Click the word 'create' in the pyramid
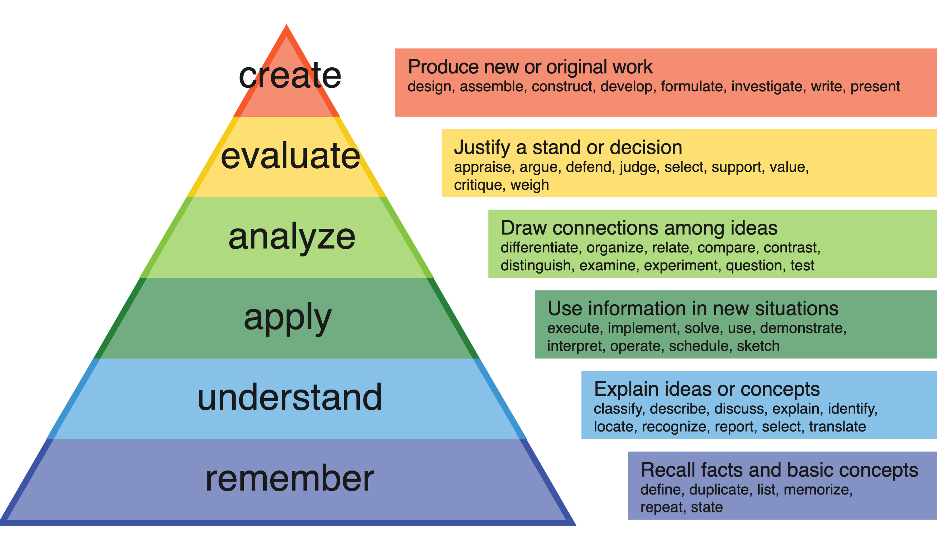290,76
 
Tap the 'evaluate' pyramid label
290,156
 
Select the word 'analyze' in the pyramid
292,237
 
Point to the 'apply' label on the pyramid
287,318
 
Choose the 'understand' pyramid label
290,397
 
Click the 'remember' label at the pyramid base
290,478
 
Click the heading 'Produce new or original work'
530,67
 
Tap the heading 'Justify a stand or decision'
568,148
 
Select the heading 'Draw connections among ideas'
639,228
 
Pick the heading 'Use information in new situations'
693,308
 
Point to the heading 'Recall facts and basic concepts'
779,470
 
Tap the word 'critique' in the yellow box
477,185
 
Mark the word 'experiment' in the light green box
680,266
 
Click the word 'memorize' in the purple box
817,489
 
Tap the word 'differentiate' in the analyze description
541,248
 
